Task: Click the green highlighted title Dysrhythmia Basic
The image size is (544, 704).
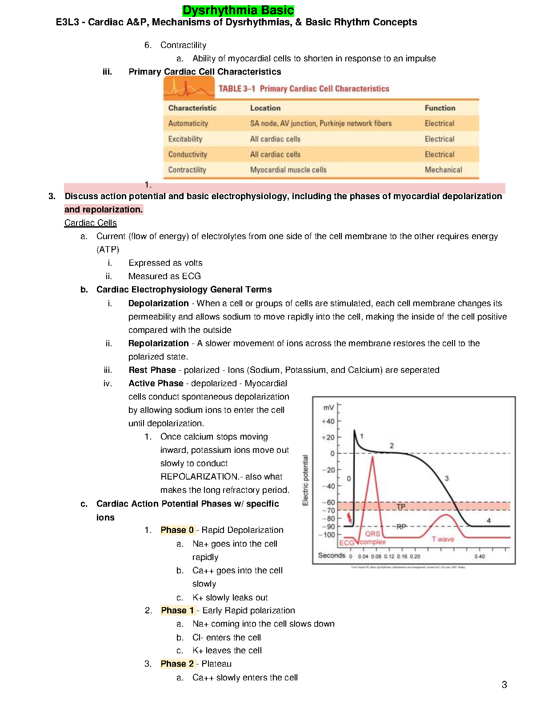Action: click(x=238, y=10)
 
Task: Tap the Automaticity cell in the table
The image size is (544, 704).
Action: click(x=188, y=124)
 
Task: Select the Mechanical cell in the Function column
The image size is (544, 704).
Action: click(x=443, y=170)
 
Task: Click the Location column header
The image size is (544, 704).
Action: click(x=265, y=108)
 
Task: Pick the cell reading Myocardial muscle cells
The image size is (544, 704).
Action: click(x=288, y=170)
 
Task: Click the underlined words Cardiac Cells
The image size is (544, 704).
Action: click(x=90, y=223)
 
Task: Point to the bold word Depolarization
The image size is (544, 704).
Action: click(x=158, y=303)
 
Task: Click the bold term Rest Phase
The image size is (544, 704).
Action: click(x=152, y=370)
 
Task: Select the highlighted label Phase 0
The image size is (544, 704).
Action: click(x=177, y=530)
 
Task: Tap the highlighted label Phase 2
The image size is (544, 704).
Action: click(x=177, y=664)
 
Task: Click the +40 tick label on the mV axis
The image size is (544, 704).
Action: click(x=328, y=421)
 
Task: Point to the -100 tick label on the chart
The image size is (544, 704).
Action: click(x=327, y=535)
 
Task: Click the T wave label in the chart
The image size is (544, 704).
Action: click(x=443, y=539)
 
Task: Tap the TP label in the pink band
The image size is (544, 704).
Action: click(x=401, y=507)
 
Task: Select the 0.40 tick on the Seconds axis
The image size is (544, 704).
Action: click(x=480, y=556)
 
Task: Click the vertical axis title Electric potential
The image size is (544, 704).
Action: click(x=305, y=480)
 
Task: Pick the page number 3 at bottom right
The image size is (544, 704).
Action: click(x=504, y=685)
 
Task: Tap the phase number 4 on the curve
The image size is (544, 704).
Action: click(x=488, y=520)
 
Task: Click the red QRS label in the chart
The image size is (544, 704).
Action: click(x=372, y=534)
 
